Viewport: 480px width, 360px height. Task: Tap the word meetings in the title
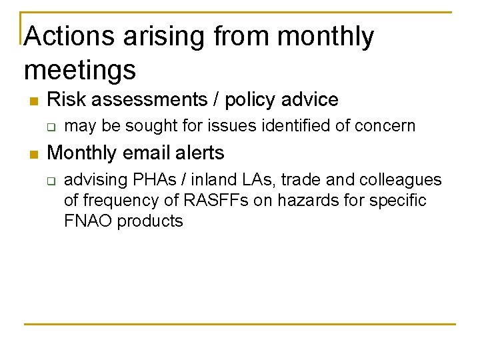[79, 69]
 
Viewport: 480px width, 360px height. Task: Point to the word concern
[386, 125]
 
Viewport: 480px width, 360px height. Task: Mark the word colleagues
[400, 180]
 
